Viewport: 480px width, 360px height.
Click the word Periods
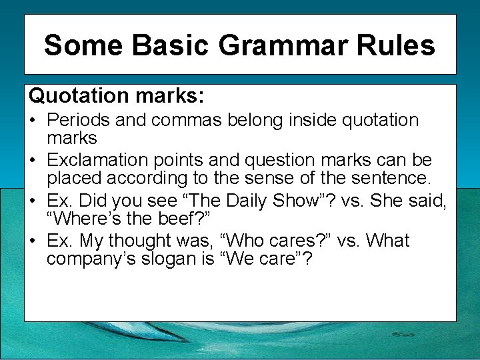click(80, 121)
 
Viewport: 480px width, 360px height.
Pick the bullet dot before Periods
click(33, 121)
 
